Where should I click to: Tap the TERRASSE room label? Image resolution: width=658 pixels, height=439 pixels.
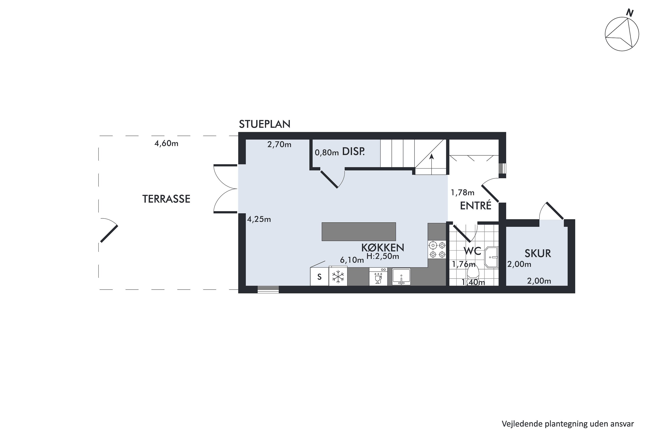point(166,199)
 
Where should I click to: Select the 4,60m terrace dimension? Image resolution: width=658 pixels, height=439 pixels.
point(166,144)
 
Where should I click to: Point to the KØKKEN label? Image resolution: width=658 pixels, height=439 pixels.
point(383,248)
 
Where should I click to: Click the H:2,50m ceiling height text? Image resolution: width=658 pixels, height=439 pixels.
point(383,256)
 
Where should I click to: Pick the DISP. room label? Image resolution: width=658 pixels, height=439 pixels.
point(354,152)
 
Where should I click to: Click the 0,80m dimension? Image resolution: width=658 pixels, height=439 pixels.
point(327,153)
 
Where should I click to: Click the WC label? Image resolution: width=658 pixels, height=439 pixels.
point(472,251)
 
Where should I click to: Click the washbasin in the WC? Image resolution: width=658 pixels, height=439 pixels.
point(492,257)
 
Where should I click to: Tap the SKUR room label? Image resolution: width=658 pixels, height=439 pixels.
point(538,253)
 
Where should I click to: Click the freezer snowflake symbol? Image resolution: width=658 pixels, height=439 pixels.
point(338,277)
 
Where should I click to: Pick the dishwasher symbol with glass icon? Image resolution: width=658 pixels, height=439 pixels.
point(378,277)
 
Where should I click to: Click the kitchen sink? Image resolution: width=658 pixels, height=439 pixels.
point(401,277)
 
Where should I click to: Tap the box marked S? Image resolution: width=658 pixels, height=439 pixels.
point(319,277)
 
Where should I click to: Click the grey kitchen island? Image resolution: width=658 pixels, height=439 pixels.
point(359,232)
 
